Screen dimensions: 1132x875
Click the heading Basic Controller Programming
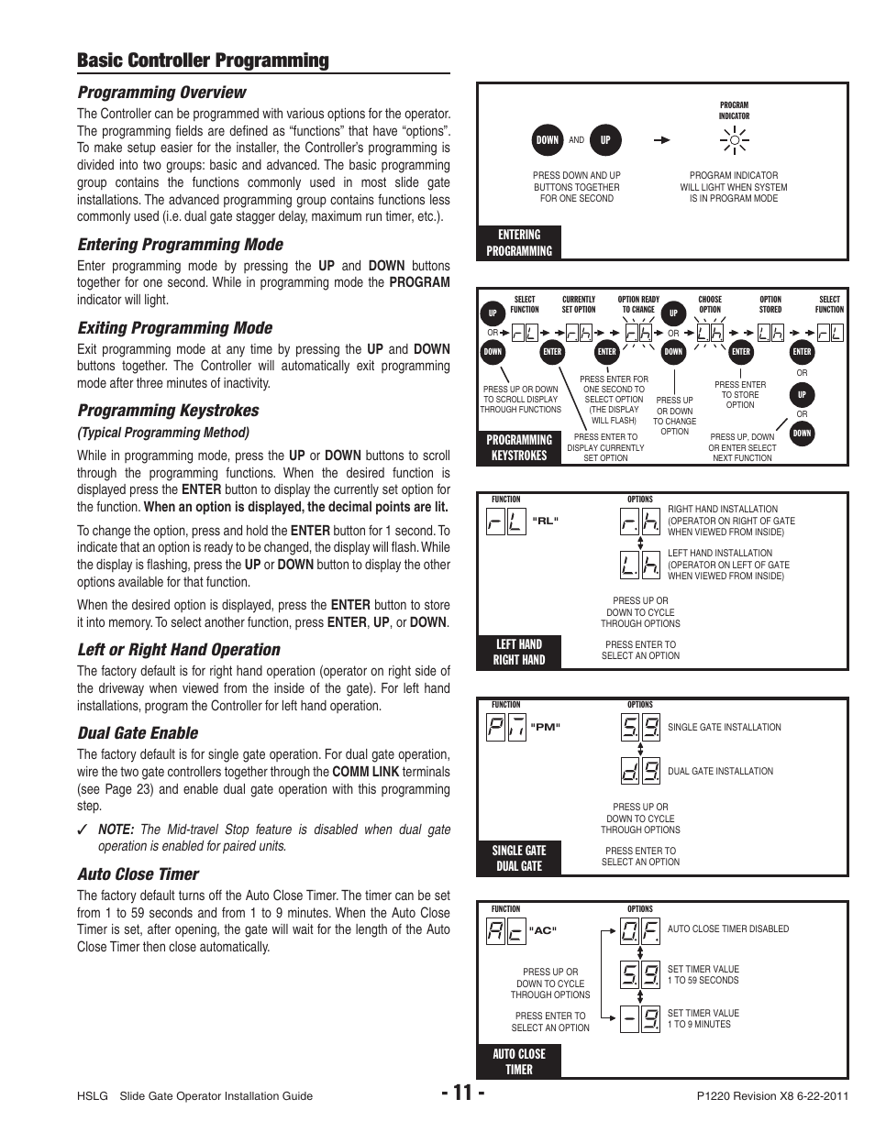(203, 60)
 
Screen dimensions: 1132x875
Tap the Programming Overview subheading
(161, 92)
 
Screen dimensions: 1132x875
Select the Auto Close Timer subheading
(138, 874)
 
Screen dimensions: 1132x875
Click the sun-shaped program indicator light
(735, 140)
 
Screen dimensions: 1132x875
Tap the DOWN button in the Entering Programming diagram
(547, 140)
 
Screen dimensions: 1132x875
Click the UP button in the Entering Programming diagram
(605, 140)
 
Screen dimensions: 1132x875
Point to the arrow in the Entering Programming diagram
(661, 140)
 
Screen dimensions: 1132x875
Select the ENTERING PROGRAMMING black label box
(519, 243)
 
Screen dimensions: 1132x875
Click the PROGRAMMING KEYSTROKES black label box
(519, 447)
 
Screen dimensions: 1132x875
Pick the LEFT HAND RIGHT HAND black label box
(519, 652)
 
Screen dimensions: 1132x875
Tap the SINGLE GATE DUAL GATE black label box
(519, 858)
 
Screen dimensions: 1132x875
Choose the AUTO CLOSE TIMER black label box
(519, 1061)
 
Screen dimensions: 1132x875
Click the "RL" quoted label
(545, 521)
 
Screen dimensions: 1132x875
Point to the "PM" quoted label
(545, 727)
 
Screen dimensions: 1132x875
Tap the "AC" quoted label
(544, 930)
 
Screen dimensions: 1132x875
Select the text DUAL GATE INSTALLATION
(720, 772)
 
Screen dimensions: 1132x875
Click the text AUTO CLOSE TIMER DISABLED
(727, 929)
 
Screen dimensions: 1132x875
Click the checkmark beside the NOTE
(83, 830)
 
